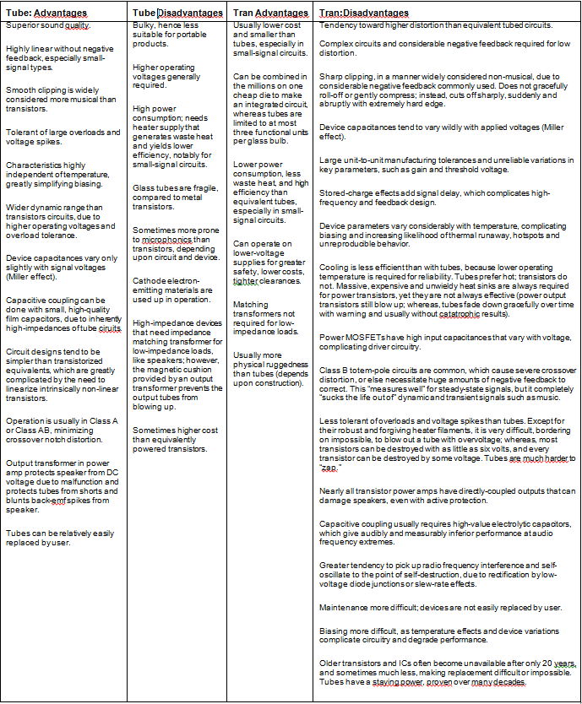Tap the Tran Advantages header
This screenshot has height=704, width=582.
point(269,13)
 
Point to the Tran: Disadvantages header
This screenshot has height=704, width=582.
point(364,13)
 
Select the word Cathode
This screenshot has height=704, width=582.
point(149,277)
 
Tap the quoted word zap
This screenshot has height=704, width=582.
point(330,467)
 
